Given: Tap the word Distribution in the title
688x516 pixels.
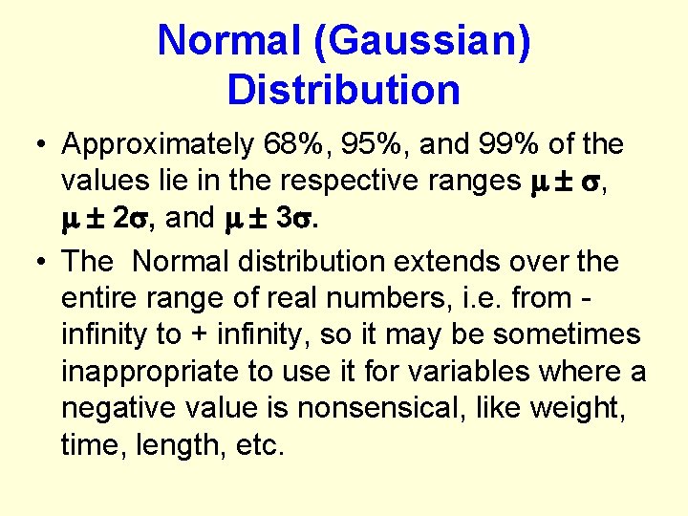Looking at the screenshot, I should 344,90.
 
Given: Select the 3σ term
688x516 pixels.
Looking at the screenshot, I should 296,219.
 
